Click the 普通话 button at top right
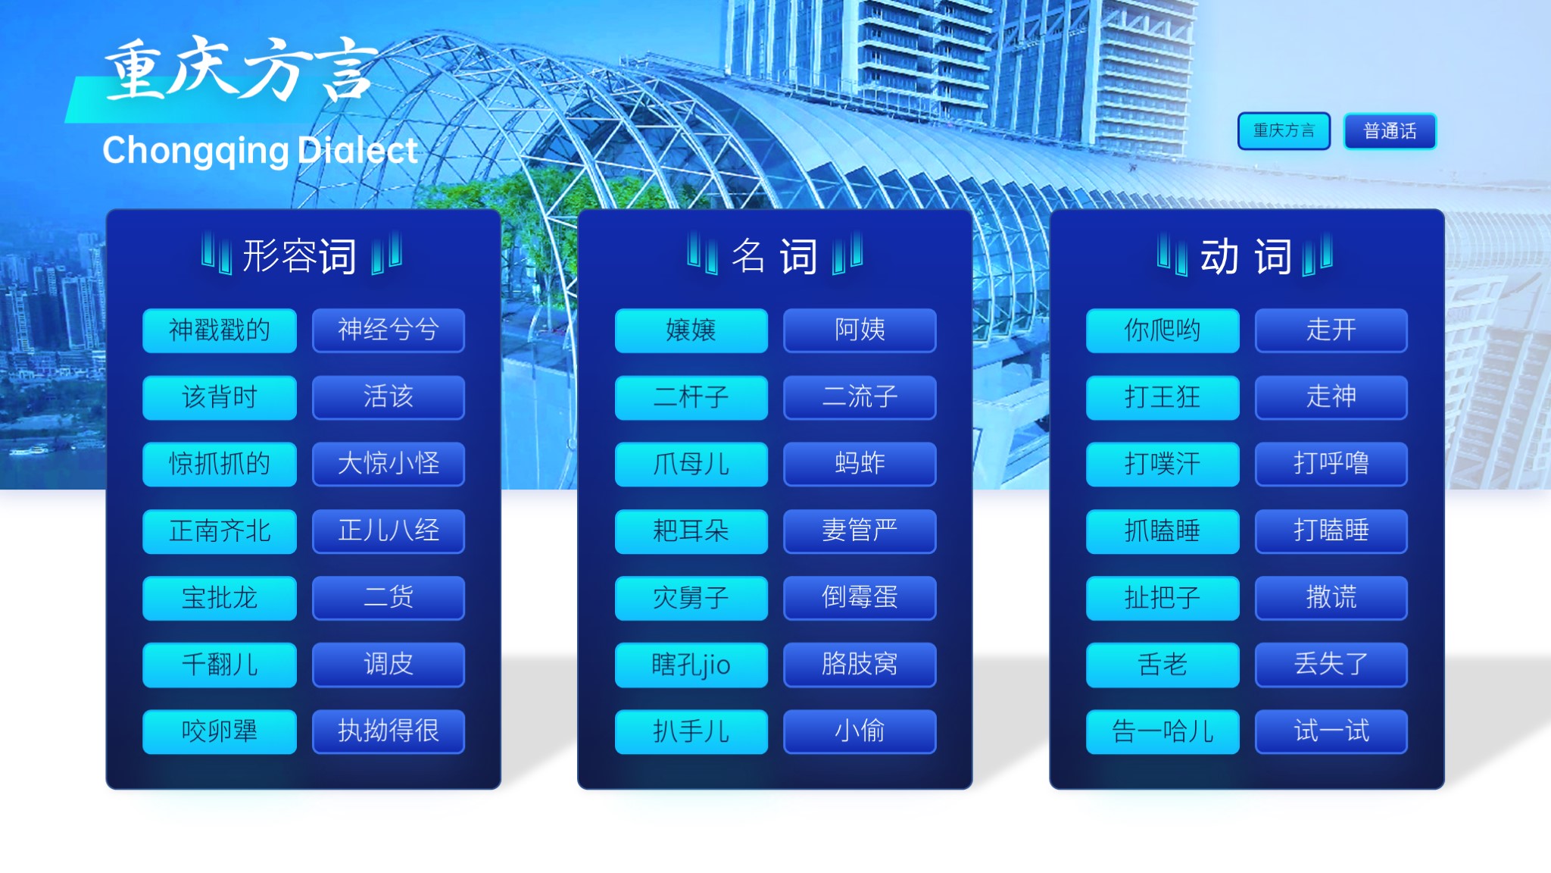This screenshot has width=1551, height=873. (1390, 131)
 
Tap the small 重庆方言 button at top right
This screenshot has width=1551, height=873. (1284, 131)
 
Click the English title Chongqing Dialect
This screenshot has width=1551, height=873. (260, 151)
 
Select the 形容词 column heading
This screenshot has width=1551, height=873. (300, 255)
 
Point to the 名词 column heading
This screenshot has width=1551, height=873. (774, 255)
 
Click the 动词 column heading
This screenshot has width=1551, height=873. (1246, 255)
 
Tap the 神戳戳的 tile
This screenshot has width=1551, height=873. (220, 330)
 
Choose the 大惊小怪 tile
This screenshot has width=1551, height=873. (389, 464)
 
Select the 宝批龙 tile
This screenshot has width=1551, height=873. (220, 598)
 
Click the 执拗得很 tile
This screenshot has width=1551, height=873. (389, 731)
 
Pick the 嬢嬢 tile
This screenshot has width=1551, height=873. (691, 330)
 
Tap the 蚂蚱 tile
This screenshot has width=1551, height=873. (860, 464)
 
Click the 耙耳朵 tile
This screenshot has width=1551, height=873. (691, 531)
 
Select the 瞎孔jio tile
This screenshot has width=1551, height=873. (691, 665)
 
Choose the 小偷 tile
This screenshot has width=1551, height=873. (860, 731)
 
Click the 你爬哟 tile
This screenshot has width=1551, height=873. (1162, 330)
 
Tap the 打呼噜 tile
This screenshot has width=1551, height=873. (1331, 464)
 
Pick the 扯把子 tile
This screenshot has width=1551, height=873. (1162, 598)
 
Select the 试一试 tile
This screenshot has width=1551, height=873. (1331, 731)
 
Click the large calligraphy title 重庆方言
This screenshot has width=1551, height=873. (241, 70)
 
